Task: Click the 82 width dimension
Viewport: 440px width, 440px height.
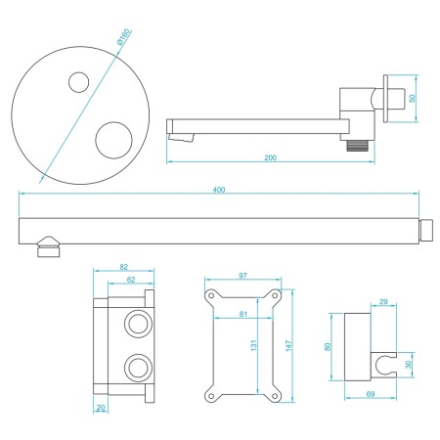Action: point(123,266)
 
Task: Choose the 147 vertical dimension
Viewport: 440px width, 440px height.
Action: point(288,345)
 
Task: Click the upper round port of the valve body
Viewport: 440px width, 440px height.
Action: point(136,323)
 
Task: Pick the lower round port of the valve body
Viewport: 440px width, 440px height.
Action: point(136,369)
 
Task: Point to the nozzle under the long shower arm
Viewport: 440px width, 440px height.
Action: point(44,248)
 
